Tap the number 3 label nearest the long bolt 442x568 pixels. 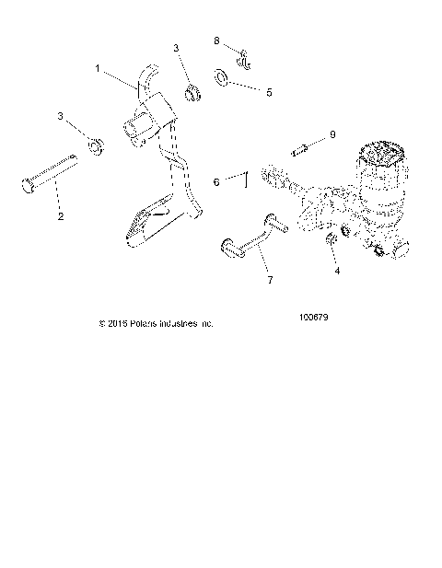(62, 116)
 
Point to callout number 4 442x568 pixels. (338, 272)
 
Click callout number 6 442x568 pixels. (216, 183)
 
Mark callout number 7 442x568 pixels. (270, 279)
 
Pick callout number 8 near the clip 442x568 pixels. (217, 41)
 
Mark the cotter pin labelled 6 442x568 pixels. (247, 179)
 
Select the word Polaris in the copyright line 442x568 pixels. (148, 324)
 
